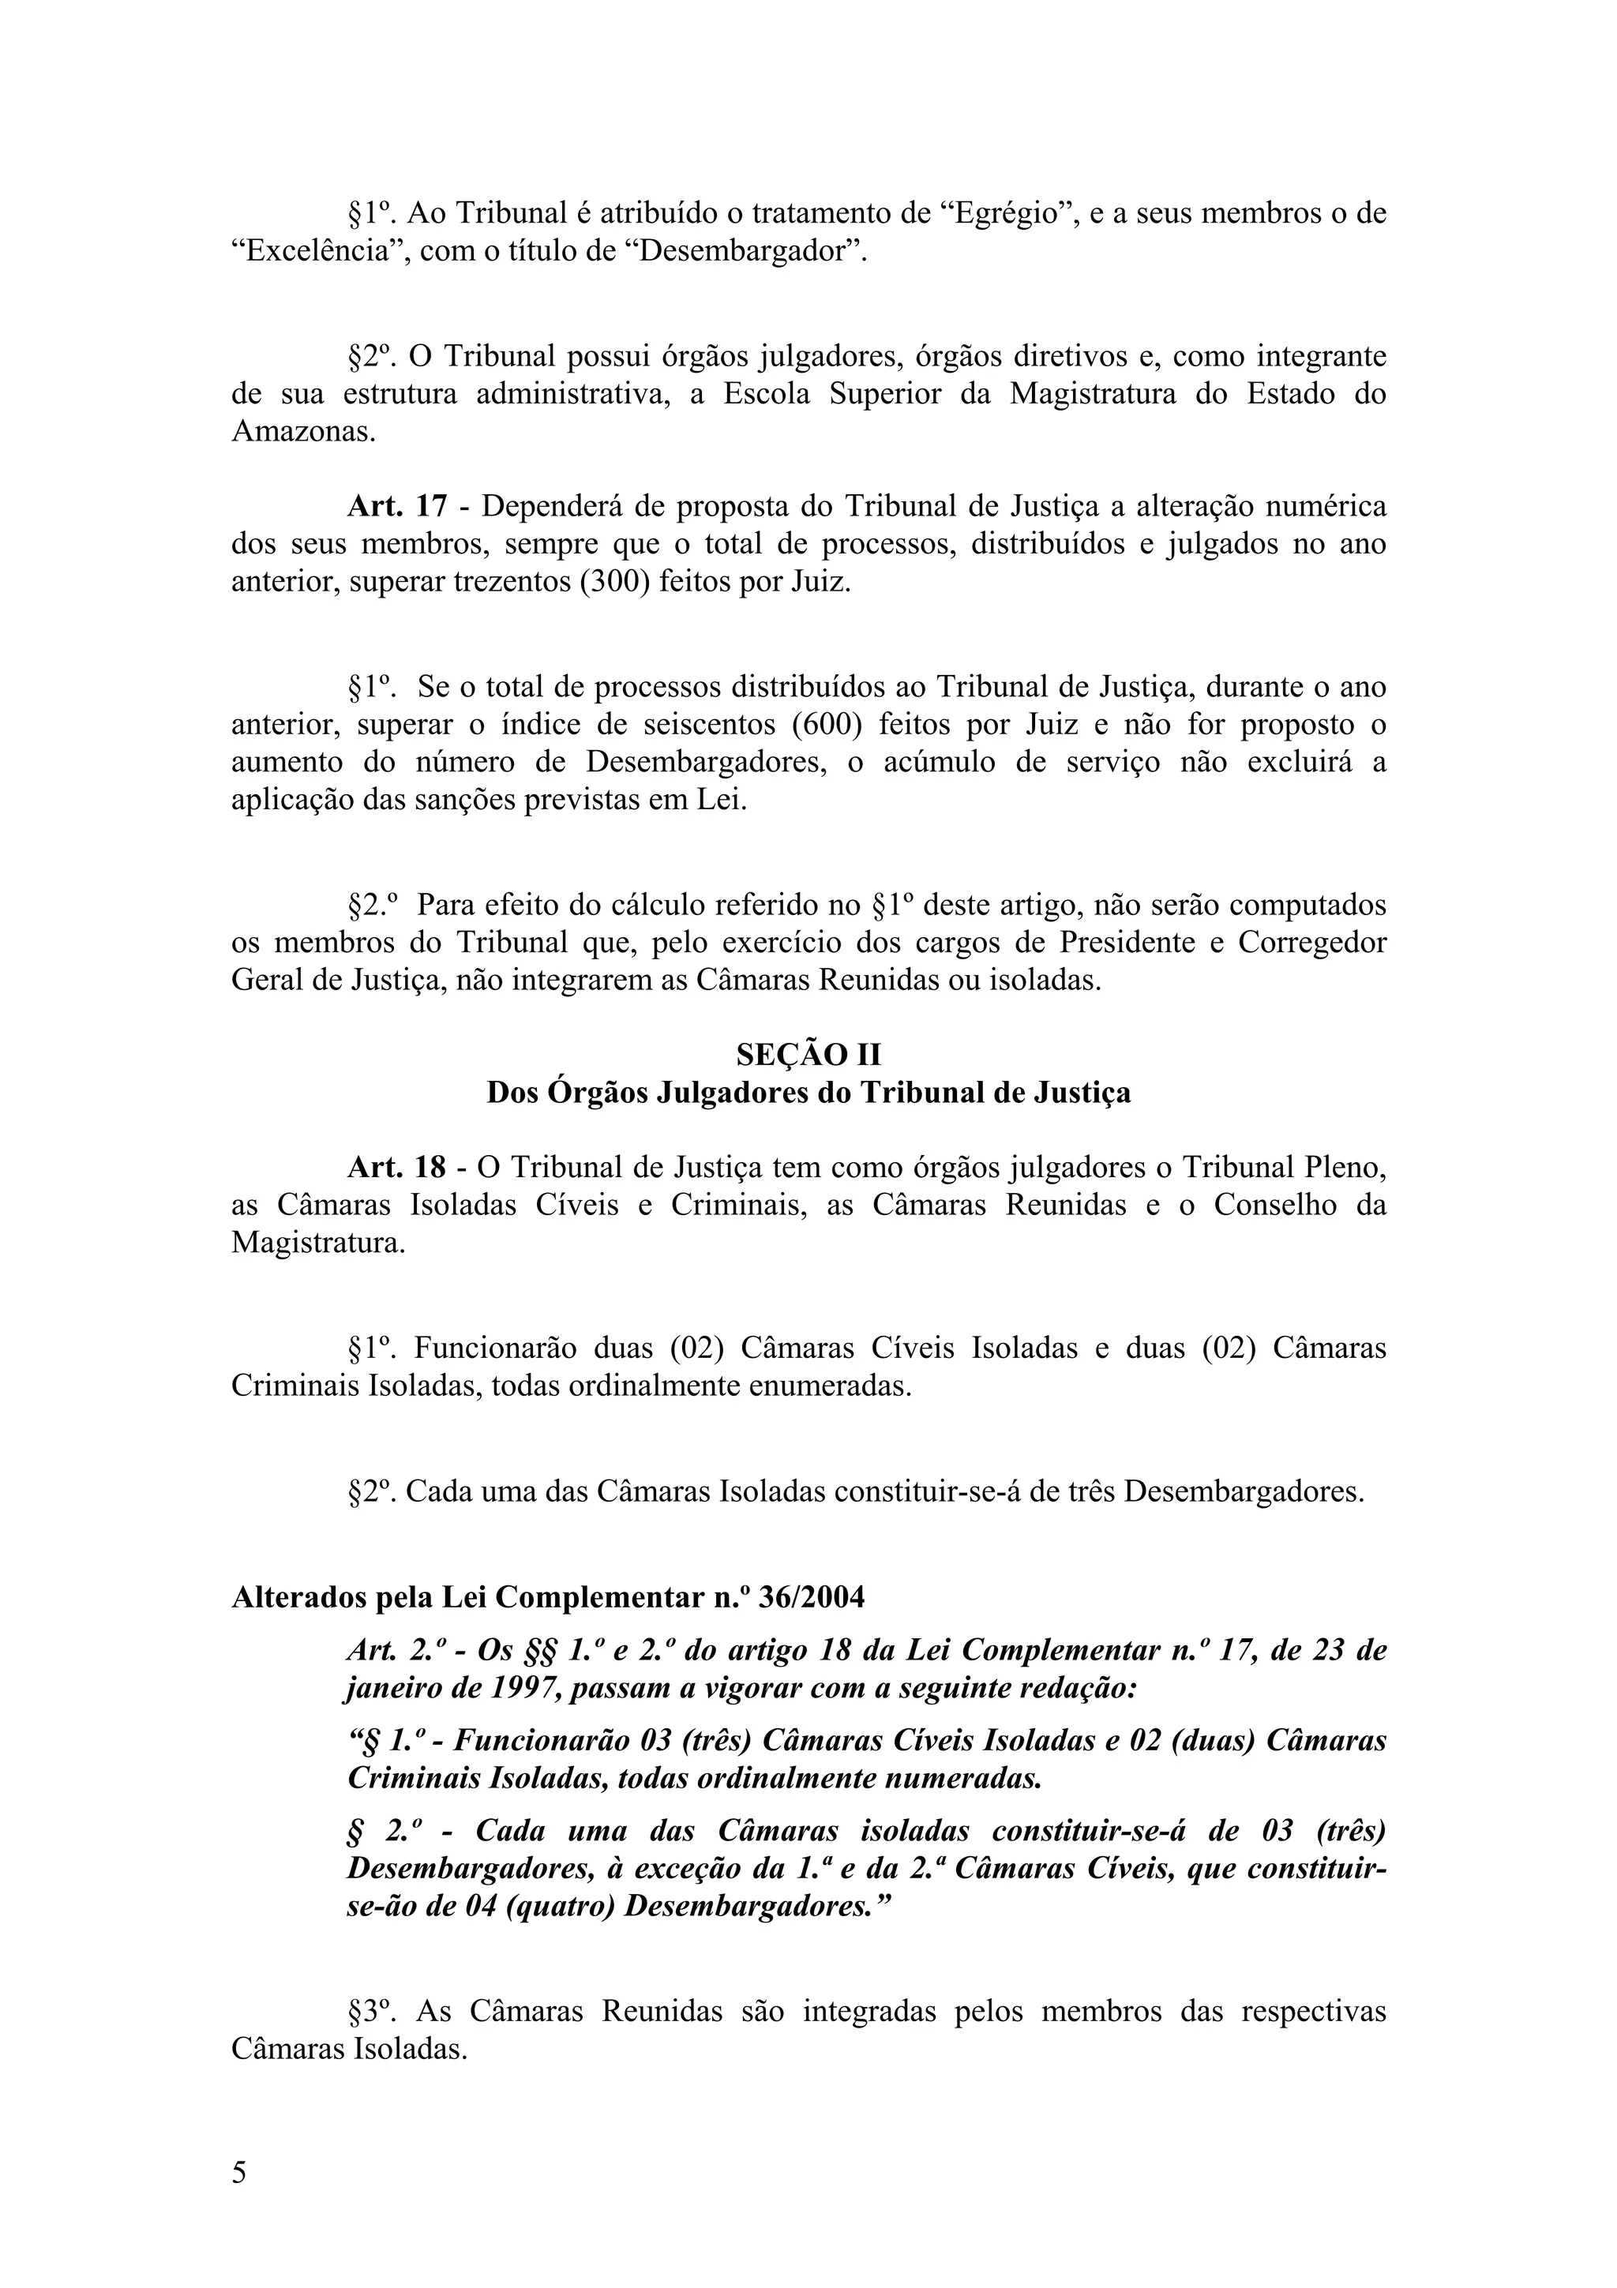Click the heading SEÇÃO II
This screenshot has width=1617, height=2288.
[x=808, y=1054]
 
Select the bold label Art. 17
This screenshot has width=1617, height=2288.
[x=396, y=506]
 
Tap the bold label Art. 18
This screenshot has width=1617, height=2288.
[x=396, y=1167]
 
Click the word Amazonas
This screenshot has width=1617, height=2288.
[x=304, y=433]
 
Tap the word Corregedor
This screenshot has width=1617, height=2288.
[x=1311, y=943]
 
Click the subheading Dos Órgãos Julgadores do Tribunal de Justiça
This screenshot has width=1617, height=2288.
[x=808, y=1093]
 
